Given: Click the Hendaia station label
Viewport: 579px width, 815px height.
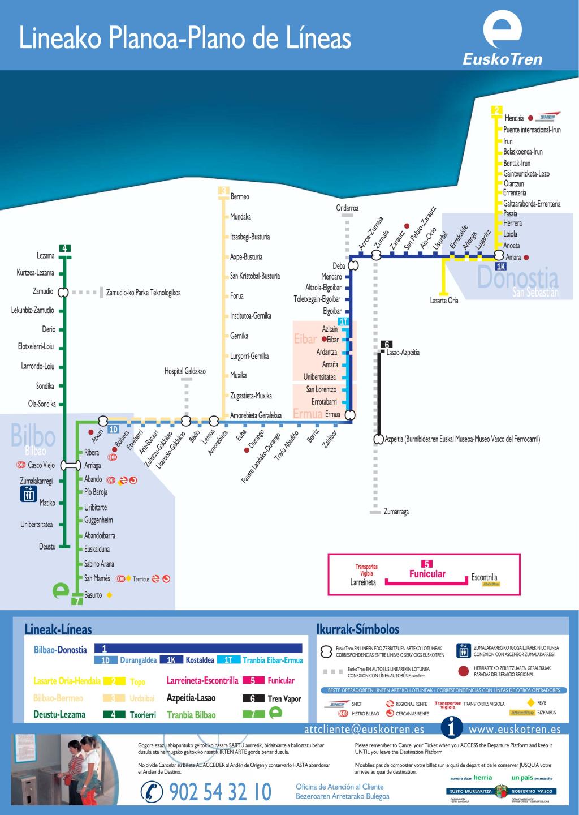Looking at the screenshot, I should [514, 118].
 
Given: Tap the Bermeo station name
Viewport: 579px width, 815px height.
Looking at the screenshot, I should [240, 196].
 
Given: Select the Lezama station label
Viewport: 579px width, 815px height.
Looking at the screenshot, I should [46, 256].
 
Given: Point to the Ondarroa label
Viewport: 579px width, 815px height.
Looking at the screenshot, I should [347, 208].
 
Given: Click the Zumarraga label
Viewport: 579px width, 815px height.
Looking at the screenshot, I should [396, 512].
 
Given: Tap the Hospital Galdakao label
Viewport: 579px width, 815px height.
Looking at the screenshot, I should [185, 371].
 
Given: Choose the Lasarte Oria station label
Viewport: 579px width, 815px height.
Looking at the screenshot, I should [444, 301].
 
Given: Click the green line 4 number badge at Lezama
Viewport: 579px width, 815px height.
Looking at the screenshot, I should [64, 248].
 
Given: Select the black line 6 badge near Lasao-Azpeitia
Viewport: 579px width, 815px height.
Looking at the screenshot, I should [387, 344].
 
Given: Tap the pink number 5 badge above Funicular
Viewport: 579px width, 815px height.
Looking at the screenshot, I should [427, 563].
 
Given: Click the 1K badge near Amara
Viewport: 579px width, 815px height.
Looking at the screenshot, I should [500, 267].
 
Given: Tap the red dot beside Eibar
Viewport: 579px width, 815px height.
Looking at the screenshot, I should [324, 340].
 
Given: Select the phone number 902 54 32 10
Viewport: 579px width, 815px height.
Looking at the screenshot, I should [220, 792].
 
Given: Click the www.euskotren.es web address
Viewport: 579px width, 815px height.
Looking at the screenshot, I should [515, 730].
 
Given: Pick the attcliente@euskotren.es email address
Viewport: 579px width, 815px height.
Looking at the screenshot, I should [364, 730].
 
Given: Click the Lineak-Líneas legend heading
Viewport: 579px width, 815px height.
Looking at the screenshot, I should [58, 629].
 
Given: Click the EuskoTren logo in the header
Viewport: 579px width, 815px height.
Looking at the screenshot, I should [502, 40].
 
